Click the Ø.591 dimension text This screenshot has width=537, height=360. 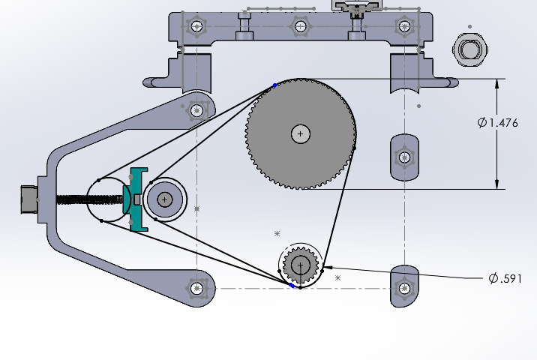[505, 278]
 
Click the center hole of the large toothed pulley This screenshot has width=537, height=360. [300, 134]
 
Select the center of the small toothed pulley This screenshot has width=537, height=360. [301, 265]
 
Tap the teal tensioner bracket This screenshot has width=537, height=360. [137, 199]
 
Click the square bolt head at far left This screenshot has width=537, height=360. [30, 199]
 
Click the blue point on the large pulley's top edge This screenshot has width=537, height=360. [274, 85]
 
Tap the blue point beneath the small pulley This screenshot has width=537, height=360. [292, 285]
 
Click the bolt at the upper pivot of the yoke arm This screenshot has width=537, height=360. [196, 111]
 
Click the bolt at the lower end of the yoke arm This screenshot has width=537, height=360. [196, 288]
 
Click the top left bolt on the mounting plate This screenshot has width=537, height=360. [196, 28]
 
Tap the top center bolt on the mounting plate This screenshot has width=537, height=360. [300, 27]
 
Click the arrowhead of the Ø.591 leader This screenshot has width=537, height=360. [325, 266]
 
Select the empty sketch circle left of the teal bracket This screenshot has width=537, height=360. [105, 200]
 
